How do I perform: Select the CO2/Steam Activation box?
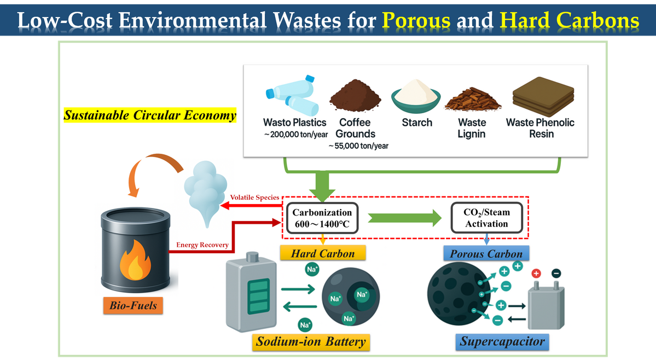(x=486, y=218)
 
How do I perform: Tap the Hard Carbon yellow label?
(x=322, y=253)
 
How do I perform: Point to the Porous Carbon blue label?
(x=486, y=253)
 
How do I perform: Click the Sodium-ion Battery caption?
(x=310, y=342)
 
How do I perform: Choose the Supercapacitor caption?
(x=502, y=342)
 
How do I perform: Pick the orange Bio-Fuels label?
(x=133, y=305)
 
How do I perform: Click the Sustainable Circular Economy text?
(x=150, y=115)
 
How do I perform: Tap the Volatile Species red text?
(x=254, y=197)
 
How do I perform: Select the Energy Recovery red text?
(x=202, y=245)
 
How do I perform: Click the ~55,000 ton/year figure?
(x=358, y=146)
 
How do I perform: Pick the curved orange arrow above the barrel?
(x=153, y=170)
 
